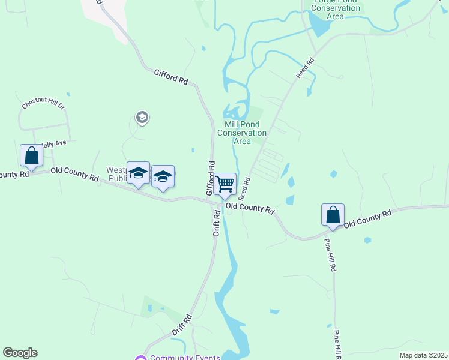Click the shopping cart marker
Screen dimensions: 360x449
pyautogui.click(x=225, y=184)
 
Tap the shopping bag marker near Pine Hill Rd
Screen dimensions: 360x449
pyautogui.click(x=333, y=215)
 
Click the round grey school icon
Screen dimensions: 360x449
pyautogui.click(x=142, y=117)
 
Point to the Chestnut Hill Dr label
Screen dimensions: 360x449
pyautogui.click(x=43, y=103)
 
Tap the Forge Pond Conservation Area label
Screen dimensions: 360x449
pyautogui.click(x=336, y=8)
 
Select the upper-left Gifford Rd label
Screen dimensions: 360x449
pyautogui.click(x=171, y=76)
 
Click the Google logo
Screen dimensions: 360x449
pyautogui.click(x=20, y=353)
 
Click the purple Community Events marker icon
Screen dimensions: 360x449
pyautogui.click(x=141, y=358)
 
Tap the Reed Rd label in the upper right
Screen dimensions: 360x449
pyautogui.click(x=306, y=67)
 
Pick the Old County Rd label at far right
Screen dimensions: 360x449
pyautogui.click(x=367, y=217)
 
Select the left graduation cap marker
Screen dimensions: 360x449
pyautogui.click(x=139, y=173)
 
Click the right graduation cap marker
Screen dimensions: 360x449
pyautogui.click(x=163, y=176)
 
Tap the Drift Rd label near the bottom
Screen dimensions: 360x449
pyautogui.click(x=181, y=324)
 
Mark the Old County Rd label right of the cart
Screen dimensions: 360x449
pyautogui.click(x=250, y=208)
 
